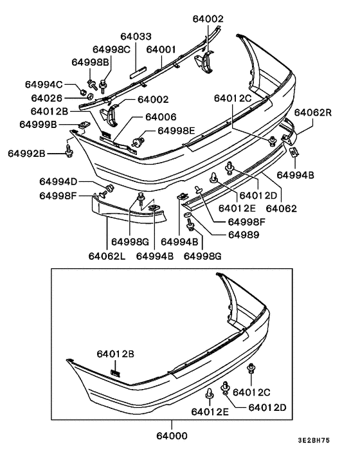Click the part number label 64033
(137, 37)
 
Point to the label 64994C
(44, 85)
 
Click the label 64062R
(313, 113)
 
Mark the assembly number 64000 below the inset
(173, 435)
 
